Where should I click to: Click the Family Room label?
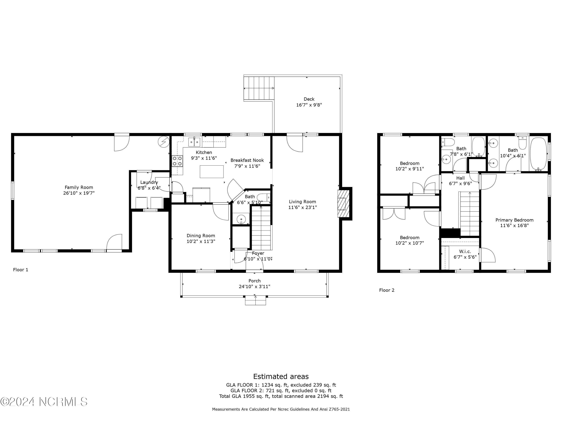pos(79,187)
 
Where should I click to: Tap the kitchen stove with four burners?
pos(177,161)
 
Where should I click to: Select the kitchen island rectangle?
pos(212,172)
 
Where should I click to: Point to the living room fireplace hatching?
pos(342,204)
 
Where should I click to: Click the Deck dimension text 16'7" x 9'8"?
pos(309,105)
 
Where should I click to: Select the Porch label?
pos(255,281)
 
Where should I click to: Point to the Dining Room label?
pos(201,236)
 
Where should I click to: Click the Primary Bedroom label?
pos(514,220)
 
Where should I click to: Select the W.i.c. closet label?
pos(465,251)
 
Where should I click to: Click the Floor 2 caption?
pos(387,290)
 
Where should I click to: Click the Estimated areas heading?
pos(281,376)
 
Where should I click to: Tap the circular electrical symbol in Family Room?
pos(164,142)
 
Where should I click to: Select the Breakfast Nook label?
pos(247,160)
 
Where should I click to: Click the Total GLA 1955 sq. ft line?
pos(281,396)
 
